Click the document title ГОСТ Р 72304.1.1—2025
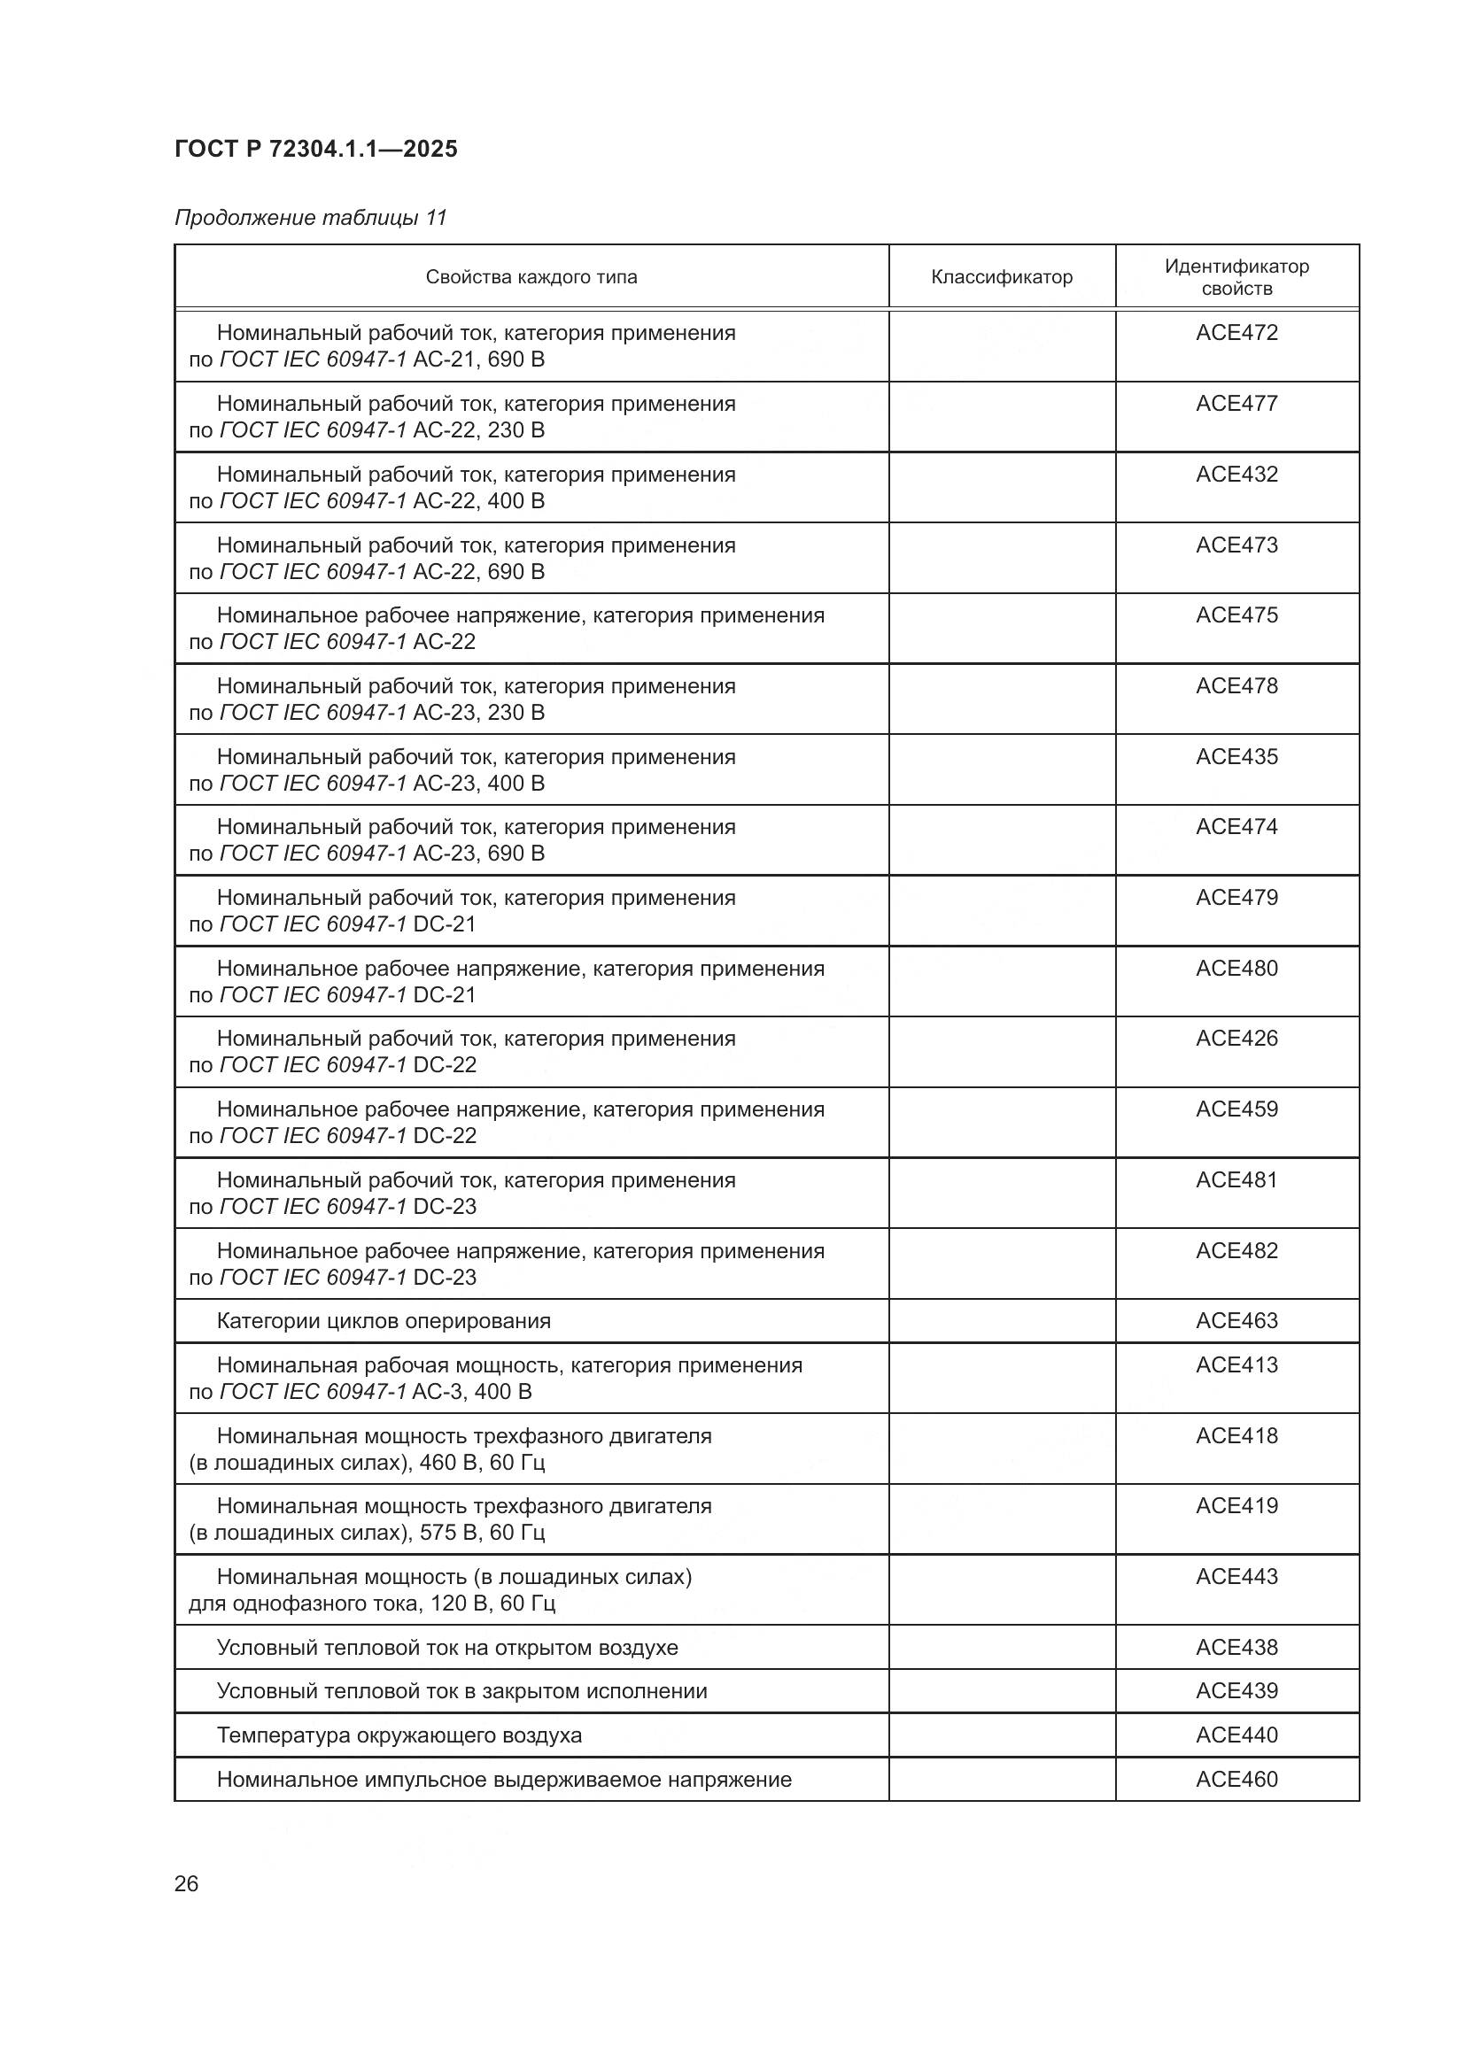(315, 149)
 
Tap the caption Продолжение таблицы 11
(310, 218)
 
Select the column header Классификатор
(1002, 277)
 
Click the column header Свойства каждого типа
(531, 277)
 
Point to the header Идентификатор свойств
(1236, 277)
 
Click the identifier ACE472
(1236, 333)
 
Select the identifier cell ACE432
(1236, 475)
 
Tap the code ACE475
(1236, 615)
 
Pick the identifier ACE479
(1236, 898)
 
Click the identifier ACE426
(1236, 1039)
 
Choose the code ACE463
(1236, 1320)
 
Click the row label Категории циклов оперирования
(384, 1320)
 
